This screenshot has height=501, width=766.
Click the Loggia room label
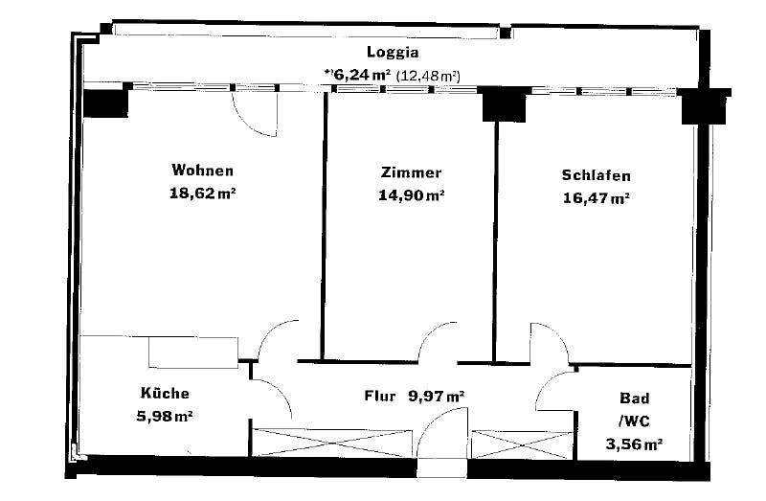tap(393, 53)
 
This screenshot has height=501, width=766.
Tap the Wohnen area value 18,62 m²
tap(203, 194)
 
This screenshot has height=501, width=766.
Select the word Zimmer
tap(411, 172)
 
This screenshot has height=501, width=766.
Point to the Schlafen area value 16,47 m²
tap(596, 198)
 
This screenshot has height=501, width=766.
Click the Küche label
tap(165, 393)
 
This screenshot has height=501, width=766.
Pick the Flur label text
tap(379, 396)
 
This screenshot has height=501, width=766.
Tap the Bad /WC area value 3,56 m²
tap(634, 444)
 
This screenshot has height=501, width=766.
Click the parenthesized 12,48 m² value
tap(428, 76)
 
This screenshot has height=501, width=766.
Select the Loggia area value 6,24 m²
tap(357, 75)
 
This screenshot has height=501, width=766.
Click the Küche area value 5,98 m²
tap(164, 417)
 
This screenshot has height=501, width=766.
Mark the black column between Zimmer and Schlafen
tap(505, 104)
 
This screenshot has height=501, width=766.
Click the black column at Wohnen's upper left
tap(105, 103)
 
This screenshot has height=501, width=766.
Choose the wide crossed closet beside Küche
tap(332, 444)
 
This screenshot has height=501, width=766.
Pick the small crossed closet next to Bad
tap(522, 444)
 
